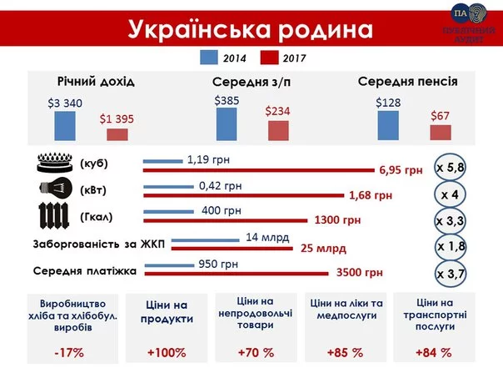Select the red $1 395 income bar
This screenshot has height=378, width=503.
click(x=117, y=134)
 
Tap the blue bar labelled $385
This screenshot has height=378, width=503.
click(x=227, y=124)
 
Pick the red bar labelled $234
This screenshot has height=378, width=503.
click(x=278, y=131)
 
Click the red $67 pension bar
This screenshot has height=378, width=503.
click(x=440, y=133)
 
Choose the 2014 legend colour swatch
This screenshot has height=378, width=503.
click(x=207, y=57)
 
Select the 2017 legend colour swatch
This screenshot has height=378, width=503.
click(x=268, y=57)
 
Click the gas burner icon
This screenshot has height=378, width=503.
click(x=54, y=162)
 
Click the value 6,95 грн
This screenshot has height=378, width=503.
click(x=401, y=170)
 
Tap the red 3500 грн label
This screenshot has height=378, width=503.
click(x=360, y=273)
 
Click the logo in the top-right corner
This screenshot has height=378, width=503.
click(x=466, y=22)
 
